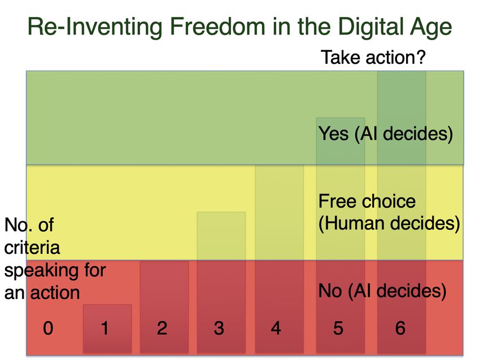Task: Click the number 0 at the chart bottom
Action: coord(48,328)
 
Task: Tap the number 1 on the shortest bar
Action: coord(104,328)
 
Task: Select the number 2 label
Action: coord(162,328)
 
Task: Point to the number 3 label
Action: coord(219,328)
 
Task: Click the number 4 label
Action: coord(276,328)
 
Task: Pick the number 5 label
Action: coord(338,328)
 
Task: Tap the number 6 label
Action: coord(400,328)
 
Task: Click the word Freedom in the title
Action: coord(217,27)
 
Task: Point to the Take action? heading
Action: coord(373,57)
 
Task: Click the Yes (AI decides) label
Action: coord(385,134)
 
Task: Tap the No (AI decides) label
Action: coord(382,291)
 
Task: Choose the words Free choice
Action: coord(366,201)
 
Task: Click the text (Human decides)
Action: coord(389,223)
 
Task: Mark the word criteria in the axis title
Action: coord(32,248)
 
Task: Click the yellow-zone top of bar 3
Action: coord(221,212)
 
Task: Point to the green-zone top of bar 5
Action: coord(341,118)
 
